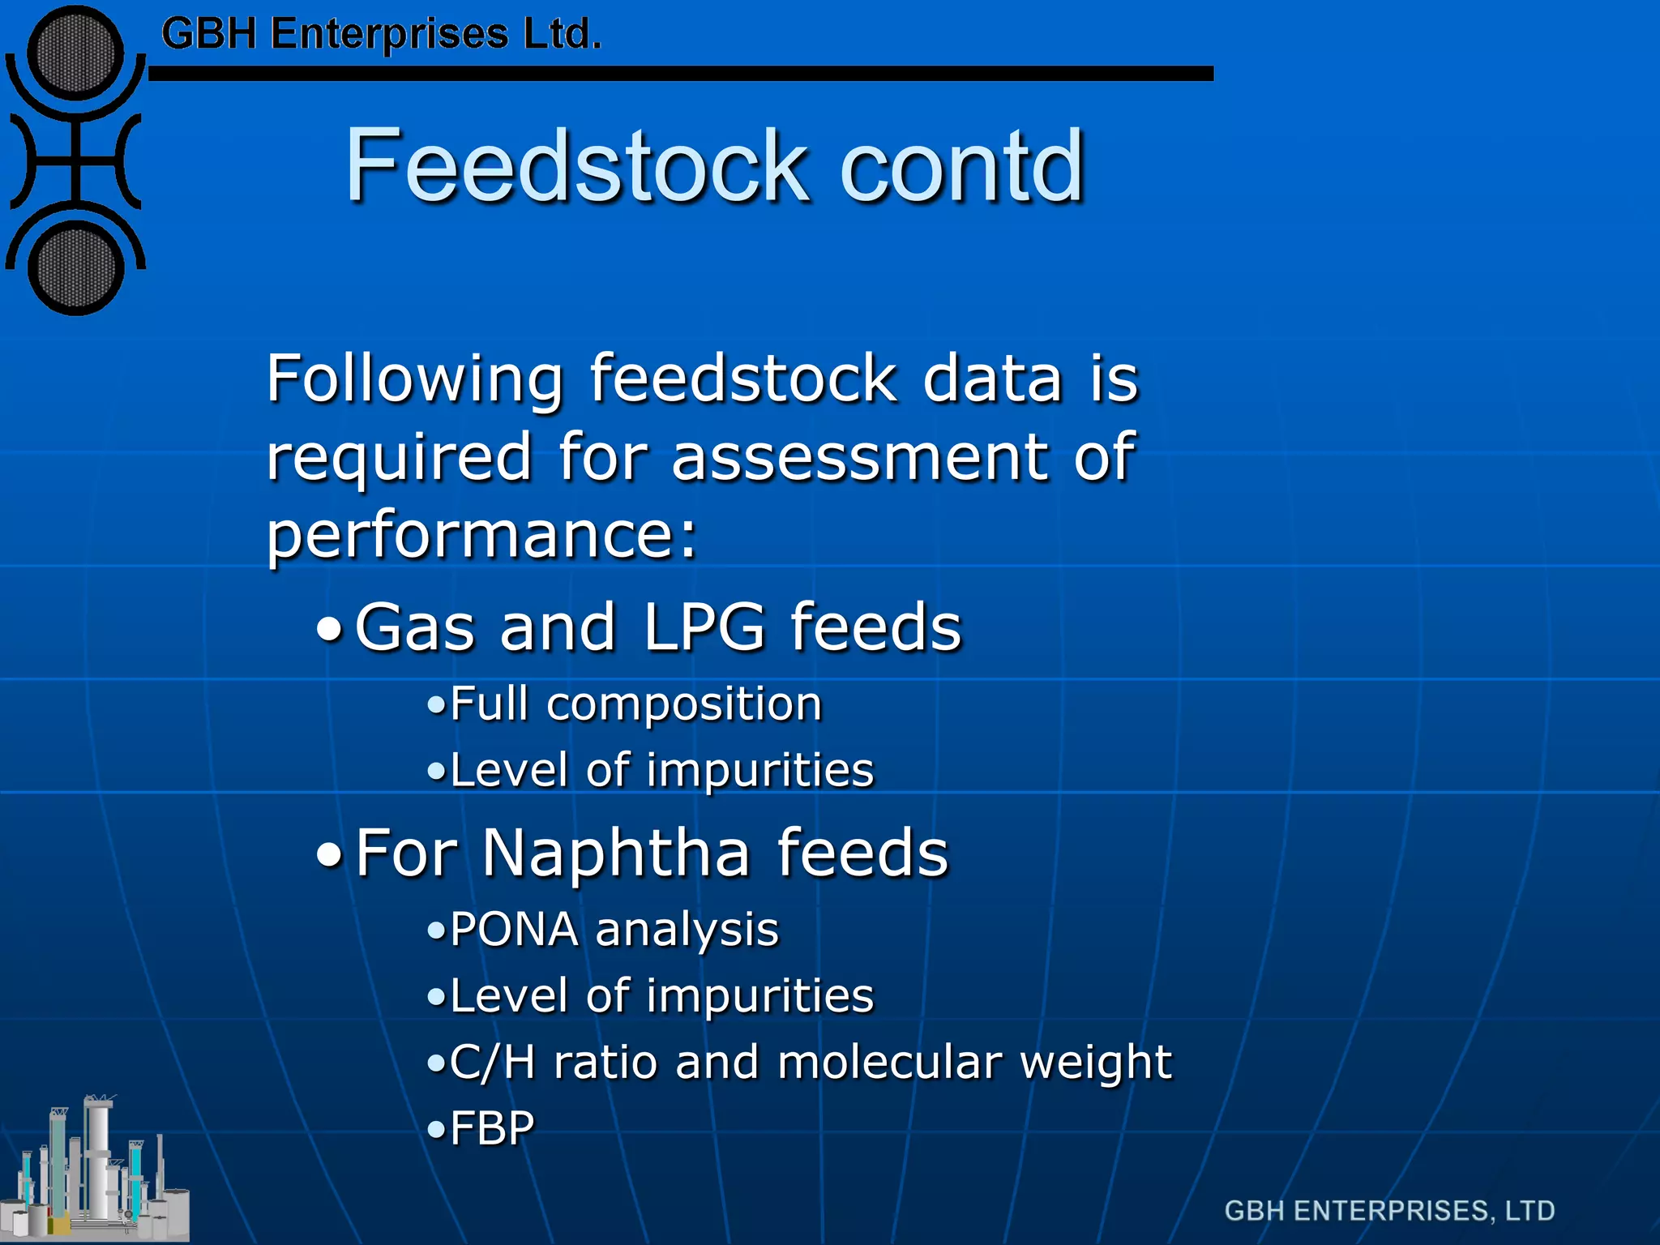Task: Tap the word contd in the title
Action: tap(962, 166)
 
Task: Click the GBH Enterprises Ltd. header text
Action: tap(381, 35)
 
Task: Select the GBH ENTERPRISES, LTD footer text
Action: tap(1389, 1211)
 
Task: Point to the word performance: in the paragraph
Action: tap(481, 537)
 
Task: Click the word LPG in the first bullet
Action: tap(704, 627)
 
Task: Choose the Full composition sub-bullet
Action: tap(635, 704)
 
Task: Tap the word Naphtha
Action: tap(616, 853)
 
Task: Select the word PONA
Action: tap(514, 929)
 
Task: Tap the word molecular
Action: tap(889, 1063)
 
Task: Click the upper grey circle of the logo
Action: tap(75, 53)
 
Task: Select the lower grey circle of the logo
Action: tap(75, 269)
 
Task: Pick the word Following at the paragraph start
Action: tap(414, 379)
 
